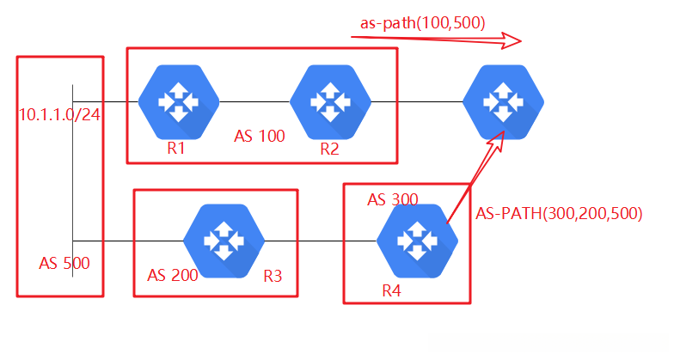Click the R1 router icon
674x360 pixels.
pos(179,102)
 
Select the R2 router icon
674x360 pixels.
pos(330,102)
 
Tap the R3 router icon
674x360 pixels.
pos(224,241)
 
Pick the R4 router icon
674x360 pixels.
pos(418,241)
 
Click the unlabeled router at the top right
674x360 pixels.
pos(504,102)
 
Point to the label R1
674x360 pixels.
pos(175,148)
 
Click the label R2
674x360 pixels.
pos(330,149)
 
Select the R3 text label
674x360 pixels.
pos(273,277)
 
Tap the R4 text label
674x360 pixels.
pos(391,290)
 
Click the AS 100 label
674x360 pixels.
pos(260,136)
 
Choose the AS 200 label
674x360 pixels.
pos(172,275)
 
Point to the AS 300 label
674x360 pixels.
pos(392,199)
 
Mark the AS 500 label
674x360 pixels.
pos(64,263)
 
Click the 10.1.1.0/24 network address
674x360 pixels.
pos(60,115)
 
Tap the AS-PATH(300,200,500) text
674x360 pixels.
pos(559,213)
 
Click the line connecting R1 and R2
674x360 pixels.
pos(254,101)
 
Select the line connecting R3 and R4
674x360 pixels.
pos(321,241)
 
